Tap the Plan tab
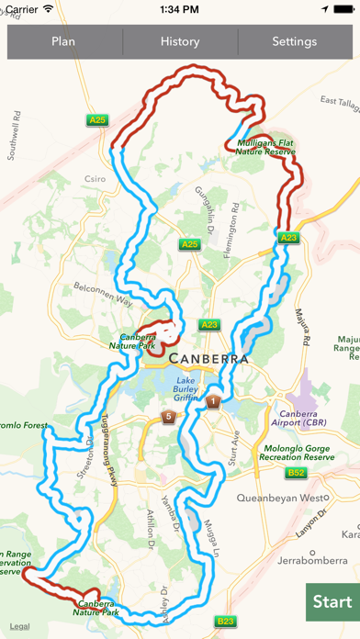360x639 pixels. click(x=63, y=41)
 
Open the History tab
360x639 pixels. click(x=180, y=41)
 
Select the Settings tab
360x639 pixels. click(x=295, y=41)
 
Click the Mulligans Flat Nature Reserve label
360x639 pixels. click(x=262, y=147)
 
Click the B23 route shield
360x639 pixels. click(x=226, y=621)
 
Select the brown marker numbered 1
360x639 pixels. click(x=213, y=401)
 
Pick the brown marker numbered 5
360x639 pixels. click(x=168, y=417)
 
